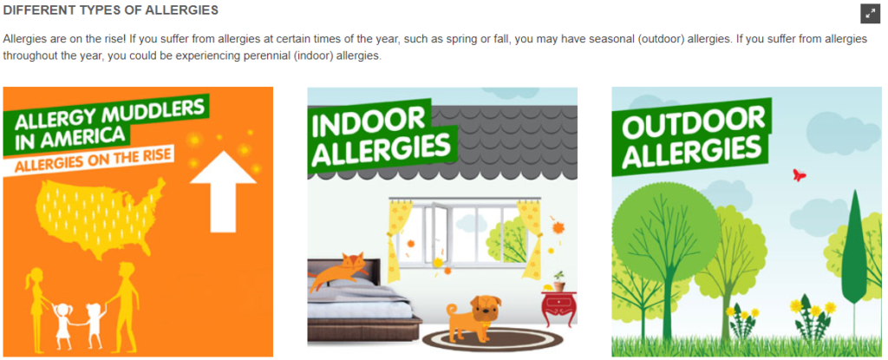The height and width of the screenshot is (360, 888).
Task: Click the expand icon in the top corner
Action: pyautogui.click(x=869, y=14)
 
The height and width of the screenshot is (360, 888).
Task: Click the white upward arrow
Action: pyautogui.click(x=223, y=190)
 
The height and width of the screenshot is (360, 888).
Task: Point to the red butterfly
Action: pyautogui.click(x=799, y=174)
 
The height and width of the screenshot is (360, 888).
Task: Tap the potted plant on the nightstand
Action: pyautogui.click(x=558, y=281)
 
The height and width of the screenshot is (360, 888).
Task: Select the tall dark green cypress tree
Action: pyautogui.click(x=853, y=250)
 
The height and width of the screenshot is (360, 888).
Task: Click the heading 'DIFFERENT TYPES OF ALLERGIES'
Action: pyautogui.click(x=111, y=10)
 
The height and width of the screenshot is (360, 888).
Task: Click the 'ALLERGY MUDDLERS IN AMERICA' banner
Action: pyautogui.click(x=105, y=125)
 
